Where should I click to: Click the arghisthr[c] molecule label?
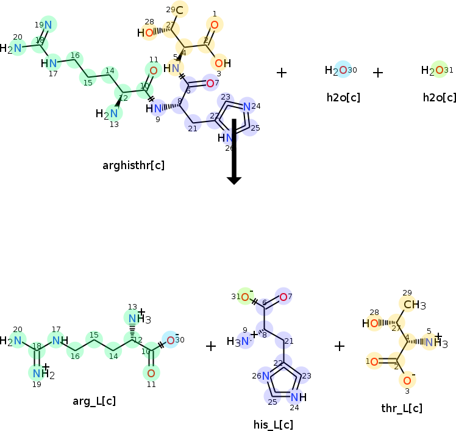(134, 165)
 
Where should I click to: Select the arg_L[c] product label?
(94, 401)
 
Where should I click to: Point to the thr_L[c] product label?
(401, 408)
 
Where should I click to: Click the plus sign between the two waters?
(378, 73)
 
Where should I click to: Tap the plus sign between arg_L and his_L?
(211, 346)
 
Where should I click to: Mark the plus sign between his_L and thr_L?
(340, 346)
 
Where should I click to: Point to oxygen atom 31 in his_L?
(245, 297)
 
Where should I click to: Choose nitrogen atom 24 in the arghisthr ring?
(246, 106)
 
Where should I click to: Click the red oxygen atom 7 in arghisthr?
(210, 83)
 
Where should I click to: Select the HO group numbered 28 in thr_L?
(372, 324)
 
